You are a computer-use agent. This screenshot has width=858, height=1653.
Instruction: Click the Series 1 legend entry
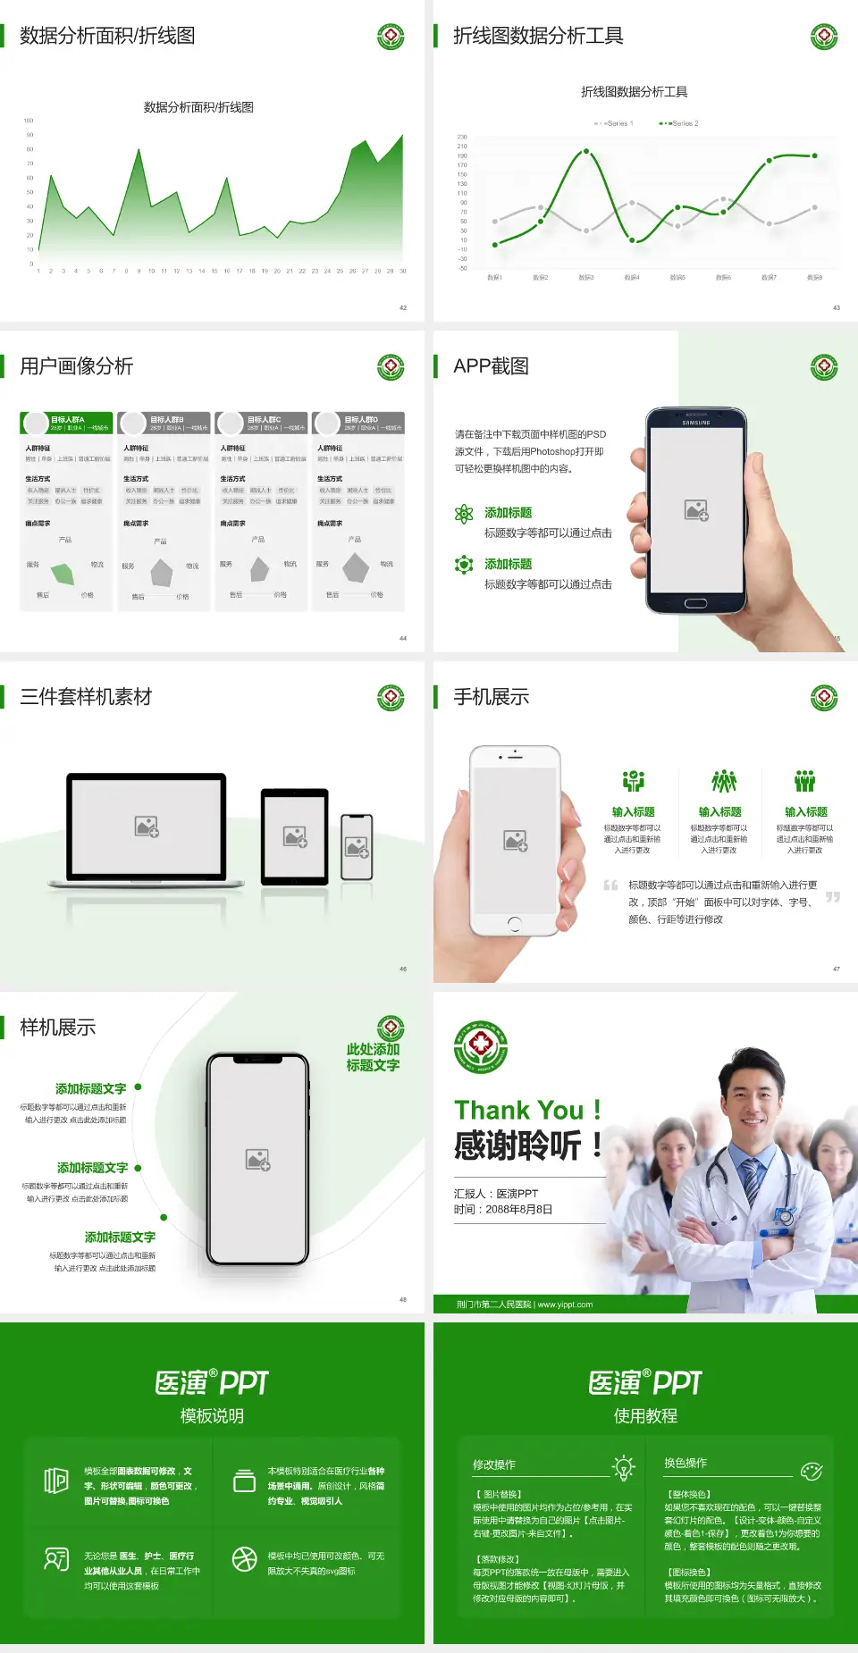tap(614, 123)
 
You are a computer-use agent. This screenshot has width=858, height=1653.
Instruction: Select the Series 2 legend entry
tap(680, 123)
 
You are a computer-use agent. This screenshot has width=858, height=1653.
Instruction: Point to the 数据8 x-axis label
tap(814, 278)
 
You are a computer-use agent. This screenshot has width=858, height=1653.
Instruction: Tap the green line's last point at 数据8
tap(814, 155)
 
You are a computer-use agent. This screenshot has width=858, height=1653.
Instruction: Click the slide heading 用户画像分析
tap(77, 366)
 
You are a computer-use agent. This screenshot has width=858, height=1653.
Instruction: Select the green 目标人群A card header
tap(67, 423)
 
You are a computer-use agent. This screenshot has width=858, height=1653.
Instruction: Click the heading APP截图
tap(491, 366)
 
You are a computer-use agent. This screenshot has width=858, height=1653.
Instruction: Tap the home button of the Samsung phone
tap(695, 603)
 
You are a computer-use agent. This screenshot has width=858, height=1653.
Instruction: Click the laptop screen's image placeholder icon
tap(147, 826)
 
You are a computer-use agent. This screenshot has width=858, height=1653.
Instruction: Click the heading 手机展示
tap(491, 697)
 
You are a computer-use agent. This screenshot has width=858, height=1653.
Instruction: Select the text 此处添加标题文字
tap(373, 1057)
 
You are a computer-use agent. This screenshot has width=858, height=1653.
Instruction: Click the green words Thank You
tap(518, 1110)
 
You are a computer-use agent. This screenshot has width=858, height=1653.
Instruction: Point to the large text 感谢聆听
tap(518, 1145)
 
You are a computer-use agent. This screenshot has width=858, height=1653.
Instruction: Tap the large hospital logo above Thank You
tap(481, 1047)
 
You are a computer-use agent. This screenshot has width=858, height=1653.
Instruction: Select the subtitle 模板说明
tap(212, 1415)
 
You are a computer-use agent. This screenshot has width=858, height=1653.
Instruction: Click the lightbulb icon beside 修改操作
tap(623, 1466)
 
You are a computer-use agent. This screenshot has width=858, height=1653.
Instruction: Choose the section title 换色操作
tap(686, 1463)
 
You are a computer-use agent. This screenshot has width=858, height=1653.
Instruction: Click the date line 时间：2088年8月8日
tap(503, 1209)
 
